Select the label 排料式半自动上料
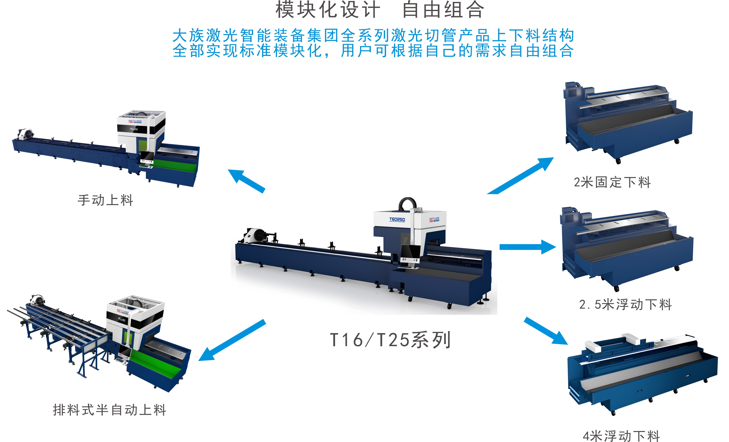[x=110, y=410]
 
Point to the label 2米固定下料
[x=612, y=182]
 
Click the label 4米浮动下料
[x=621, y=436]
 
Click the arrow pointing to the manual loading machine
[x=246, y=181]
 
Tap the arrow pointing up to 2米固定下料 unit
[x=520, y=176]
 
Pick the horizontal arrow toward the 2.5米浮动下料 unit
[x=528, y=247]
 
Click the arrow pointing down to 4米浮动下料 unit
[x=546, y=331]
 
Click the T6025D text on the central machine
[x=397, y=219]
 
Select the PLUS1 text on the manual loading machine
[x=134, y=129]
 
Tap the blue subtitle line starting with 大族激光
[x=373, y=36]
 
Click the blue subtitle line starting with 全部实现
[x=373, y=50]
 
